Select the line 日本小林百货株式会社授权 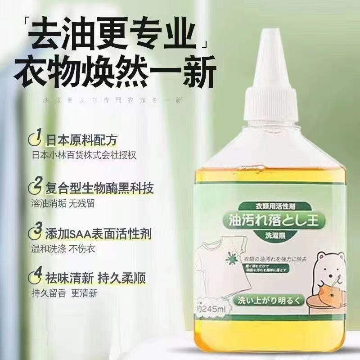tap(84, 155)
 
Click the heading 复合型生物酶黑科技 tap(99, 187)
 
